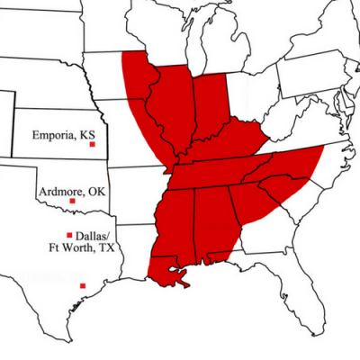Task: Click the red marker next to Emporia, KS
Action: pos(92,145)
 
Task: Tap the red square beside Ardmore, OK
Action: pos(72,201)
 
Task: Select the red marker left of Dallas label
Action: pos(70,235)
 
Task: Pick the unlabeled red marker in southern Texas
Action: pos(83,286)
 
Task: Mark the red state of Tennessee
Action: pos(225,169)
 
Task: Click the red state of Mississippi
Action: pos(175,220)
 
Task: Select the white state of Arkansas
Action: pos(135,202)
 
